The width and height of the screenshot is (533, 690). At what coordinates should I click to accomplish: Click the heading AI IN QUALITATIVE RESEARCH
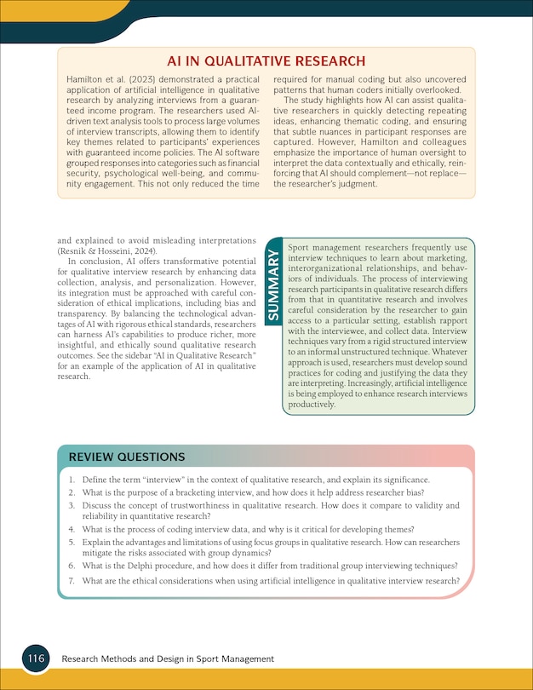point(266,61)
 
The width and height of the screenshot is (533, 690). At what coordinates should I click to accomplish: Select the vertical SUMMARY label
point(273,285)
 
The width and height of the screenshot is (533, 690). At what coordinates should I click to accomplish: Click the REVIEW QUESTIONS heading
point(128,457)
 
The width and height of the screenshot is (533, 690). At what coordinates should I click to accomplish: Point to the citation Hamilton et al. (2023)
point(104,78)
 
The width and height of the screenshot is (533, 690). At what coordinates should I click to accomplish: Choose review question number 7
point(271,581)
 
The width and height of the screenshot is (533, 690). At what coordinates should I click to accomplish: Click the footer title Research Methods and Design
point(168,659)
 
